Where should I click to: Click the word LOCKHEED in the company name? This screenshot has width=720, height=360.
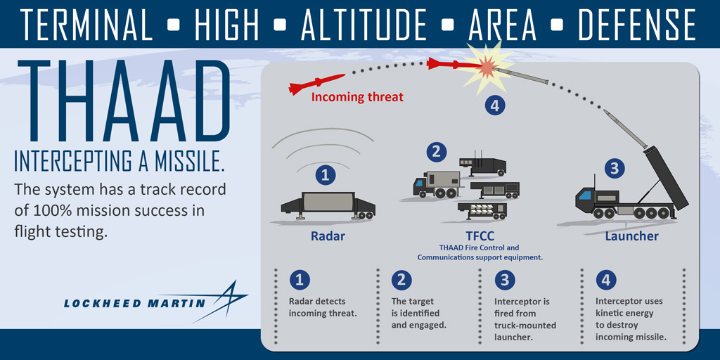99,304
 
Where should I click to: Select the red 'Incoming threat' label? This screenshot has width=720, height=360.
357,97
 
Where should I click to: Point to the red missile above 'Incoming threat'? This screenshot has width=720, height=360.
316,84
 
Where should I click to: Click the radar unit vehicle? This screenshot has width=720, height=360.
328,203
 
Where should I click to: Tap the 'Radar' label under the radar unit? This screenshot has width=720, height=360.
328,236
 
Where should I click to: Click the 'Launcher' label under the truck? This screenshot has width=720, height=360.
631,236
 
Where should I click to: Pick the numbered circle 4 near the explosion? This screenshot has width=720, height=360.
495,105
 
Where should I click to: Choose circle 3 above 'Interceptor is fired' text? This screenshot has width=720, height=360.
503,281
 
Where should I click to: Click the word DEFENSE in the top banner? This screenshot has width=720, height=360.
636,25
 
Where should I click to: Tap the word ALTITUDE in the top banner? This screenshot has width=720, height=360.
364,25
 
